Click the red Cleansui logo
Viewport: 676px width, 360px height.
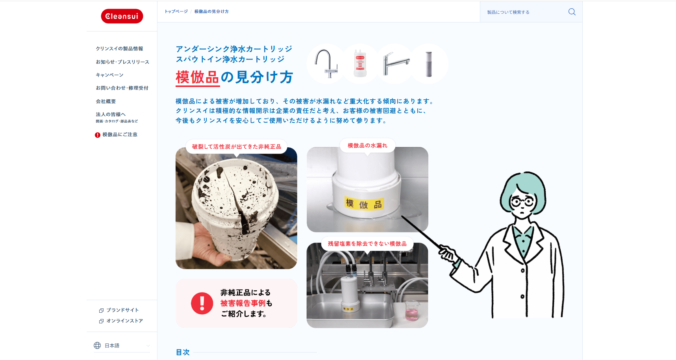tap(122, 16)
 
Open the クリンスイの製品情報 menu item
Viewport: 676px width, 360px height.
tap(119, 49)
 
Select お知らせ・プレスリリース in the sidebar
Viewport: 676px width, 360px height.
tap(122, 62)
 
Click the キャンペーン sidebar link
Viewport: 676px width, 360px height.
tap(109, 75)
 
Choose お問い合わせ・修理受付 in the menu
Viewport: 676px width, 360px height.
tap(122, 88)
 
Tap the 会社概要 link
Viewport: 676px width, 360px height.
tap(106, 101)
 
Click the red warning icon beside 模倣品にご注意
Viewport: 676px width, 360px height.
tap(98, 135)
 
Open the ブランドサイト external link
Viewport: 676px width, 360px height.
tap(122, 310)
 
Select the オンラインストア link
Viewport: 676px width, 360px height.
tap(124, 321)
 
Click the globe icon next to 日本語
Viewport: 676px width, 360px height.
tap(97, 345)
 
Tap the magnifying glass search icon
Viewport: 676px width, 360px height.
tap(572, 12)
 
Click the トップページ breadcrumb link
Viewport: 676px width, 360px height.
tap(176, 11)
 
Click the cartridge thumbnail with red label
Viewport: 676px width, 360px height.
tap(360, 63)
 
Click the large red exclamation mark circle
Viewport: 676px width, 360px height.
tap(202, 303)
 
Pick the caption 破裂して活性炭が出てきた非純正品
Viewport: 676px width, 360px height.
tap(236, 147)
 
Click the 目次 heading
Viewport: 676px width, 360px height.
tap(183, 352)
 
